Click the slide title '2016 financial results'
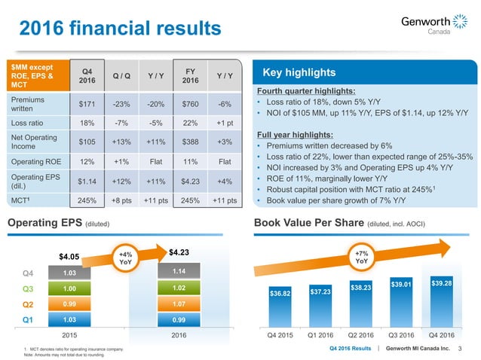tap(120, 28)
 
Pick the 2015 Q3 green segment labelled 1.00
tap(70, 288)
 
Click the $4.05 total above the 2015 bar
tap(70, 256)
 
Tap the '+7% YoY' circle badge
tap(362, 258)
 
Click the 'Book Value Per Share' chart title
tap(308, 223)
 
